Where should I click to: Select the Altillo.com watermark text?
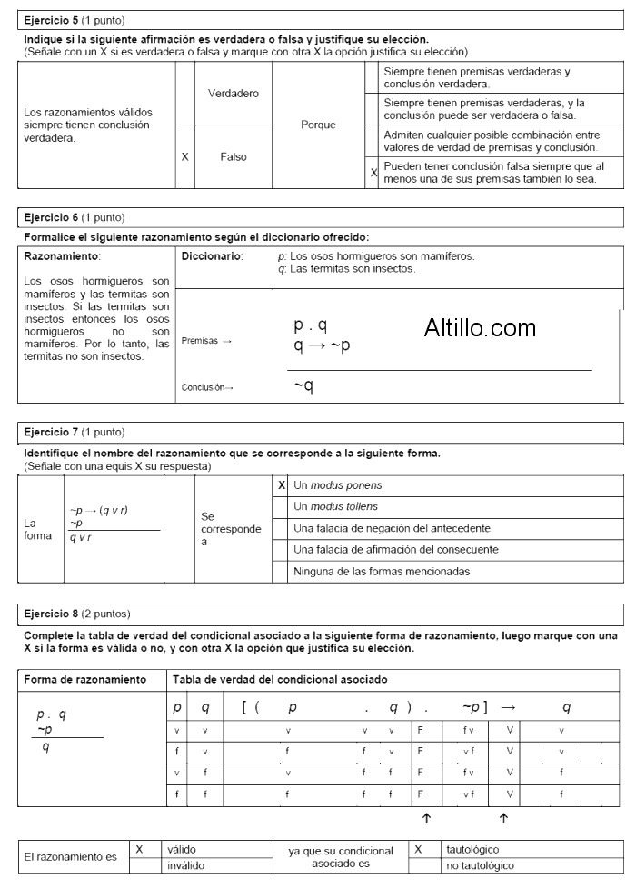pos(480,328)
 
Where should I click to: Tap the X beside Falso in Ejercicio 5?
pos(184,156)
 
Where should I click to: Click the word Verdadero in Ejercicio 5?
pos(234,94)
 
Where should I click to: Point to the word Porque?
pos(318,125)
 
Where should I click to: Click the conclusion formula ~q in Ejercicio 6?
pos(303,386)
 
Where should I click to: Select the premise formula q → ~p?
pos(322,345)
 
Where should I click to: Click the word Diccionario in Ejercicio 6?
pos(210,257)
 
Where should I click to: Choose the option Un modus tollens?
pos(335,506)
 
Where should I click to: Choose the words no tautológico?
pos(480,866)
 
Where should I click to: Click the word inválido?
pos(186,866)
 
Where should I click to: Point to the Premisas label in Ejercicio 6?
pos(206,341)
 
